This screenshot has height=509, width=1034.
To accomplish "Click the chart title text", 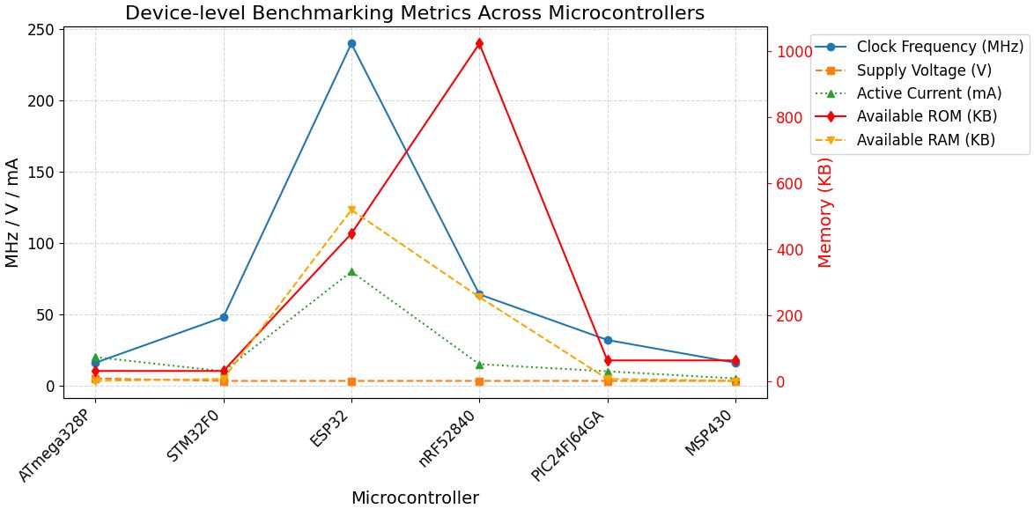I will [414, 13].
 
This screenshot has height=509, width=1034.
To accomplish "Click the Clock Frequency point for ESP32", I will [351, 43].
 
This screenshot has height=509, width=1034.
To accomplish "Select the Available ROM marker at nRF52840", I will [479, 43].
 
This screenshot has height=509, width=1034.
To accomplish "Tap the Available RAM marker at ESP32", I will [351, 210].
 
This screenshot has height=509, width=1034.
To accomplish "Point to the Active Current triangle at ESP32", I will [351, 272].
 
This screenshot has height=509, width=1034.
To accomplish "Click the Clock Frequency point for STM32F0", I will [224, 317].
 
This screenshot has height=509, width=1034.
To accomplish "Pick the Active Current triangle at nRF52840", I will [479, 365].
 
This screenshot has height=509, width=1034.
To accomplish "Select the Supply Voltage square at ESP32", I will [351, 381].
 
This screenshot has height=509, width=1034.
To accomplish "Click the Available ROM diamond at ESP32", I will [351, 234].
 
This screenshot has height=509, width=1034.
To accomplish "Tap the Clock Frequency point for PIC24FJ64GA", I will [608, 340].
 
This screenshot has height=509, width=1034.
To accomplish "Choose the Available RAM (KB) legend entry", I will [926, 139].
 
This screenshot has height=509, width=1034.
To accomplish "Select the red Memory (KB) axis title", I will [825, 212].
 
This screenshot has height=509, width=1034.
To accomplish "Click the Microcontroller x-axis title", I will [415, 498].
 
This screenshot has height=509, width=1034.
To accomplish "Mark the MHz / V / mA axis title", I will [12, 212].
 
